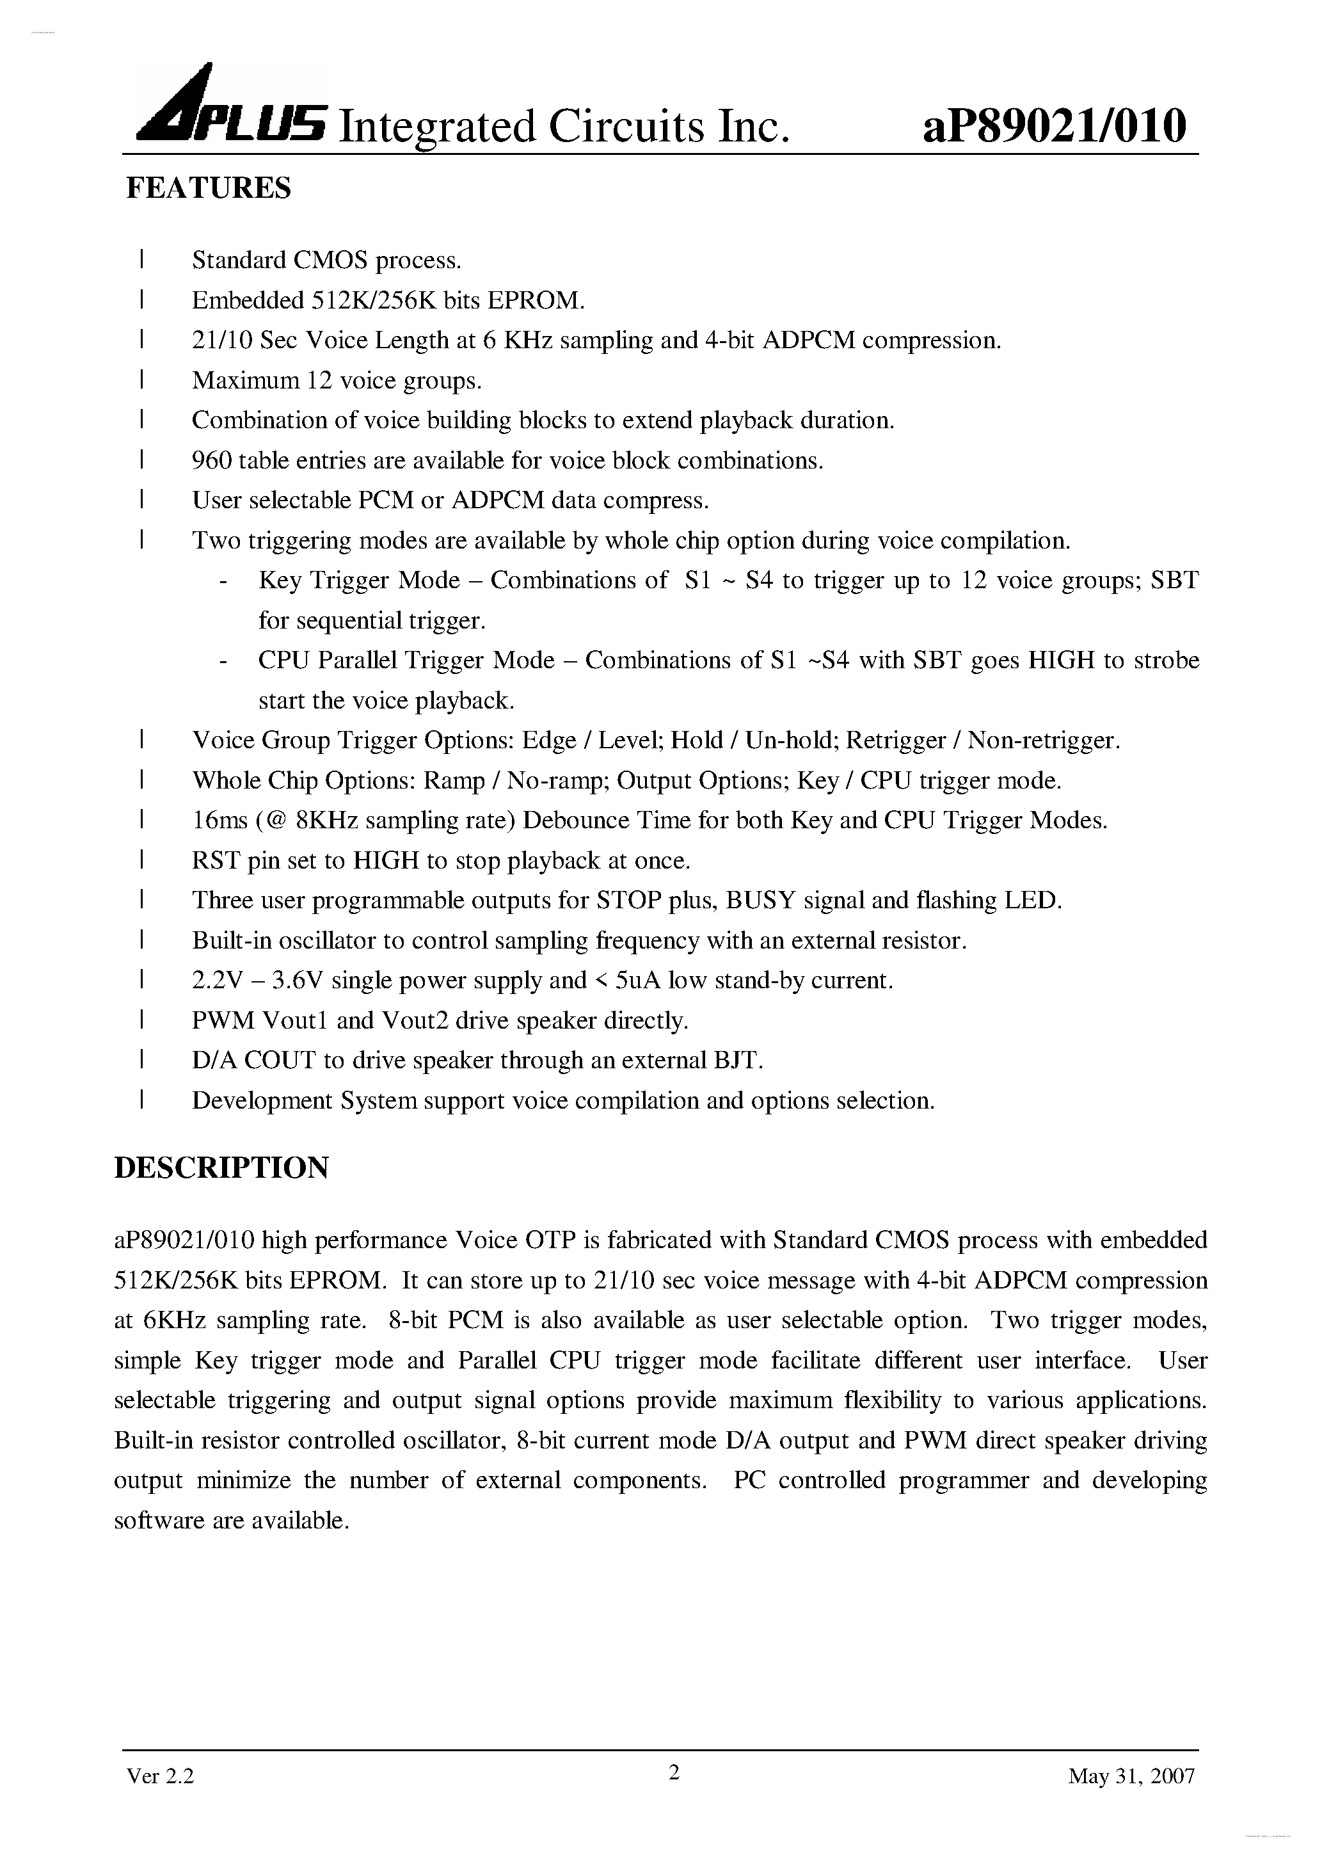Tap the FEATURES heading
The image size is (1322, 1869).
pyautogui.click(x=209, y=188)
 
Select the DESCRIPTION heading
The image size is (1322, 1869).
pyautogui.click(x=221, y=1167)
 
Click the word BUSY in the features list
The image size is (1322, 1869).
pyautogui.click(x=760, y=901)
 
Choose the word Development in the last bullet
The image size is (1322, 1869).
pyautogui.click(x=262, y=1100)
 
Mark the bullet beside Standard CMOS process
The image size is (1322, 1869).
pyautogui.click(x=141, y=261)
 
